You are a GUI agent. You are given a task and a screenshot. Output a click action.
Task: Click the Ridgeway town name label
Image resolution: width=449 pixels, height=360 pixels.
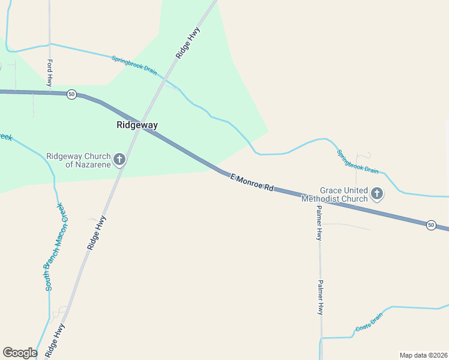point(137,125)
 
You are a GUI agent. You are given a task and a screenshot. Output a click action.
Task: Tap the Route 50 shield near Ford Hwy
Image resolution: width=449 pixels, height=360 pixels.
point(71,94)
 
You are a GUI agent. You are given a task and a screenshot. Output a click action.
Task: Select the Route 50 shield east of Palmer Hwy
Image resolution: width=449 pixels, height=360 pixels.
point(431,225)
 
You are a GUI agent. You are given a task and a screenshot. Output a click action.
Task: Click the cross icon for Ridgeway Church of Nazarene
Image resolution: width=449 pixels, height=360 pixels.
point(119,160)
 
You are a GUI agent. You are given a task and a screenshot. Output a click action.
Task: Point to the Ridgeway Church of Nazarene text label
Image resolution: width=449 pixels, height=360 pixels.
point(79,160)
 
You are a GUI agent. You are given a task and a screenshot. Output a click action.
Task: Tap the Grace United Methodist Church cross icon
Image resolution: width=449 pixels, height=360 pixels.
point(377,193)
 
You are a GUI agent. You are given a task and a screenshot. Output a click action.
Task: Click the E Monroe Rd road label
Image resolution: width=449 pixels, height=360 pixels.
point(252,182)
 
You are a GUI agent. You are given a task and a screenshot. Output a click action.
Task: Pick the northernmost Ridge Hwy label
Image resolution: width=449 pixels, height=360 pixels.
point(188,44)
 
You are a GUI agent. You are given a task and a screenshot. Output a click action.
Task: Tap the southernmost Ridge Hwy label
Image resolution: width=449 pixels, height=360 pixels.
point(55,340)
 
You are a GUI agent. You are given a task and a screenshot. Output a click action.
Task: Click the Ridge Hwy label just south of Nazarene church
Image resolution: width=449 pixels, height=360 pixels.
point(97,232)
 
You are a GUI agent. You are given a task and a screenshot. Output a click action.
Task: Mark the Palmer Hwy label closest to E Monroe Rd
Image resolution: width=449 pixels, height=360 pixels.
point(320,223)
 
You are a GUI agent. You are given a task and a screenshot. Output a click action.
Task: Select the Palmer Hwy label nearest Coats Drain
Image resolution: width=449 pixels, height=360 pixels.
point(321,298)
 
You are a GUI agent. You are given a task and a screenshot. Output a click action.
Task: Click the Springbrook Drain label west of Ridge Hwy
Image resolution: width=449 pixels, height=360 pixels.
point(134,65)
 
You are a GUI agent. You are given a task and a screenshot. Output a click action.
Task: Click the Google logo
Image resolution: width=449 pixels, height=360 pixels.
point(20,353)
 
